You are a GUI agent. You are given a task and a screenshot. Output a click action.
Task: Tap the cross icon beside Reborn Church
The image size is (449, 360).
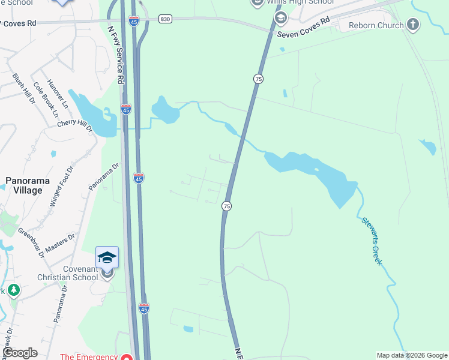point(412,25)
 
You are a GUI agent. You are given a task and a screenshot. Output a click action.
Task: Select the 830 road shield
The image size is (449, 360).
point(166,19)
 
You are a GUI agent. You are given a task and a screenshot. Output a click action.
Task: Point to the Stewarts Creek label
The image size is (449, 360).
point(372,240)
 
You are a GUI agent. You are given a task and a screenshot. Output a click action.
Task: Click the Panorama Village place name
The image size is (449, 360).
point(24,185)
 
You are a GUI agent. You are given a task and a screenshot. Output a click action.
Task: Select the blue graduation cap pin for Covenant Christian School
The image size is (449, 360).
point(107,257)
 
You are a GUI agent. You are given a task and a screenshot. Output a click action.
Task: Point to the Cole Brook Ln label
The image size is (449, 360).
point(46,99)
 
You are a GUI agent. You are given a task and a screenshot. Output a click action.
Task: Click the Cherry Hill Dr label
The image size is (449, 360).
point(74,125)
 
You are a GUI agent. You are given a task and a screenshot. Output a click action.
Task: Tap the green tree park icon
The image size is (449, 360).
point(13,290)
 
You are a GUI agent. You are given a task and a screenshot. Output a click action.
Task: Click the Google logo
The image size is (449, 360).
point(20,353)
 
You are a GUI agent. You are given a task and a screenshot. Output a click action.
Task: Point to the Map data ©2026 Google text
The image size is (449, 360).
point(411,355)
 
